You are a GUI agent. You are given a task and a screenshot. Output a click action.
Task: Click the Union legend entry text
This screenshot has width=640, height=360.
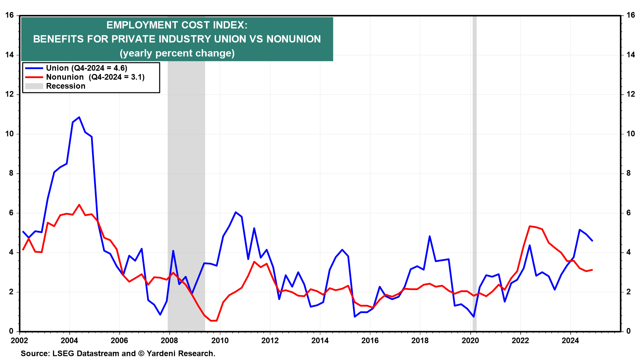click(86, 68)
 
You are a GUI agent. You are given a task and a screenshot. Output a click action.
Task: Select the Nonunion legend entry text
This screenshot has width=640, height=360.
click(95, 77)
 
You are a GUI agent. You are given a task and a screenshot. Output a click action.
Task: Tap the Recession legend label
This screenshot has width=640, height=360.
click(66, 86)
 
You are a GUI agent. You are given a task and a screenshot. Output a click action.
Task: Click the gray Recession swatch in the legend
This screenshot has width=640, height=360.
click(34, 86)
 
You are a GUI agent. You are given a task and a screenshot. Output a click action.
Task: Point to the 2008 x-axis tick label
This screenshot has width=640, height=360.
click(169, 340)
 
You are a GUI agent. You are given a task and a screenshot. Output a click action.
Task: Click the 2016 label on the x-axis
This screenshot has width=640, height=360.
click(370, 340)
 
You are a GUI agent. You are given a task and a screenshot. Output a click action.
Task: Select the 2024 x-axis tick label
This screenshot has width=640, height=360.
click(570, 340)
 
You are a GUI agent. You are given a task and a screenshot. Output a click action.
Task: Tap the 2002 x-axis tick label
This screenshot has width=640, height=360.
click(19, 340)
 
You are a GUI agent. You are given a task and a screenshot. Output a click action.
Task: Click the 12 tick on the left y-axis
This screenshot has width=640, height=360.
click(10, 94)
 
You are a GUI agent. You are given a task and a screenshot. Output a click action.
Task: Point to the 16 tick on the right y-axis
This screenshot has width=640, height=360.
click(631, 15)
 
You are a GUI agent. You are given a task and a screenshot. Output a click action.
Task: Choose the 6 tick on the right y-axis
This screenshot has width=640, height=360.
click(629, 213)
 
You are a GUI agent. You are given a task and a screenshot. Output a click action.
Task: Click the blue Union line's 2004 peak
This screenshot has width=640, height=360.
click(79, 117)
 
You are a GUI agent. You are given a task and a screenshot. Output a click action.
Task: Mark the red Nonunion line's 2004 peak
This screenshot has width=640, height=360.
click(79, 205)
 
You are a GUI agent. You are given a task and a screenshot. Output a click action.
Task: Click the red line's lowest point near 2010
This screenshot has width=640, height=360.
click(214, 321)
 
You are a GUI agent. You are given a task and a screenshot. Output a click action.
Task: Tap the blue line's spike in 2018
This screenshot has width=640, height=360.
click(430, 236)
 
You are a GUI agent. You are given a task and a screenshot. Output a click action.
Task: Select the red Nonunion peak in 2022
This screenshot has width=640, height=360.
click(530, 226)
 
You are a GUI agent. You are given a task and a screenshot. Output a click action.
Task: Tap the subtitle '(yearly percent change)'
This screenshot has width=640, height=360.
click(177, 53)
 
